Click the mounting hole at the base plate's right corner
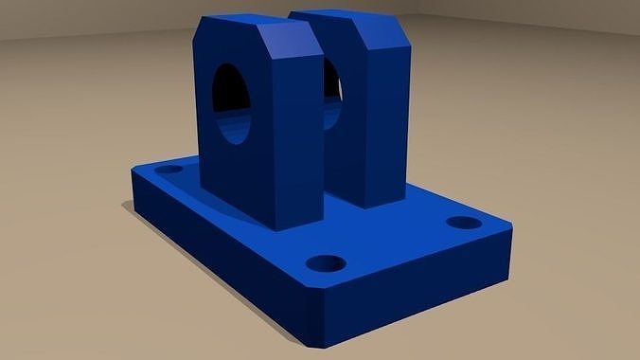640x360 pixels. (x=463, y=224)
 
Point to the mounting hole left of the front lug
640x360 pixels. (x=169, y=170)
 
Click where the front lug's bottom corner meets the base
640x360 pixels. (x=275, y=230)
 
